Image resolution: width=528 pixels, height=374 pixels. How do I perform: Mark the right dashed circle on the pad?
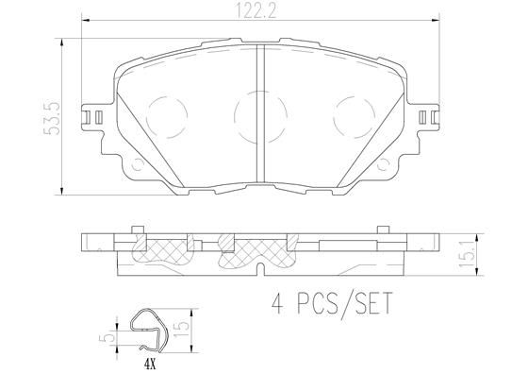pos(349,119)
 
